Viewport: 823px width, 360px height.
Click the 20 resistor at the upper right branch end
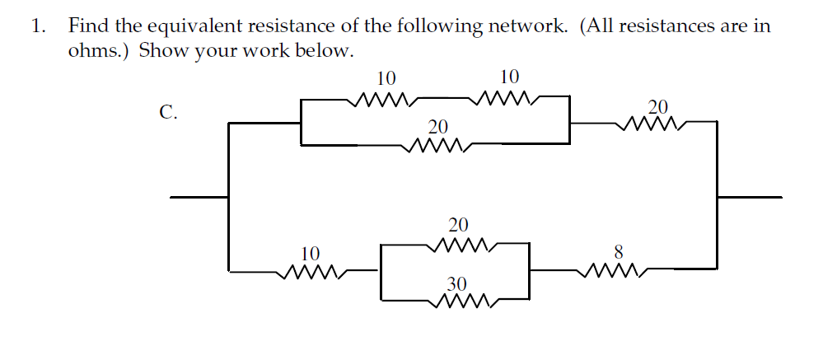tap(651, 124)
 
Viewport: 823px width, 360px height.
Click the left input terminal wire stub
tap(198, 197)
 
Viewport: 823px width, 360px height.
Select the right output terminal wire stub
tap(750, 197)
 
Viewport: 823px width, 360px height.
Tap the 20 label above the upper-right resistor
tap(658, 106)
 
